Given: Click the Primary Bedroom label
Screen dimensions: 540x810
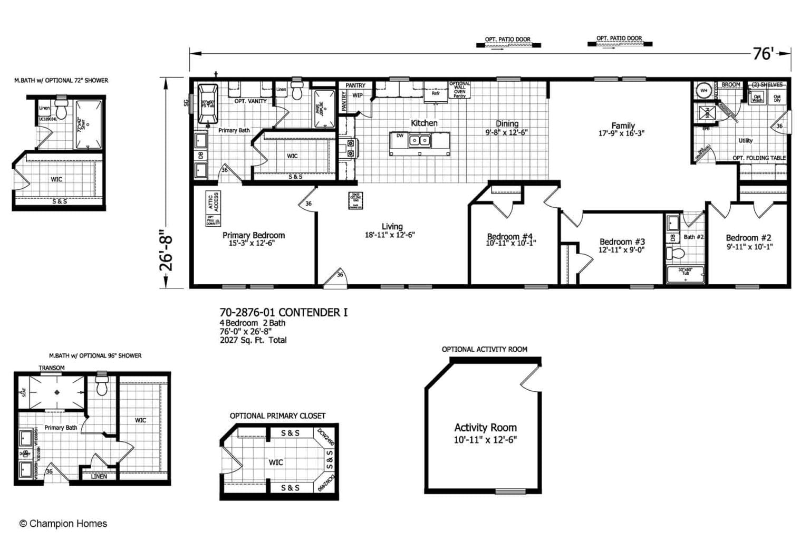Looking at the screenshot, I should [x=254, y=235].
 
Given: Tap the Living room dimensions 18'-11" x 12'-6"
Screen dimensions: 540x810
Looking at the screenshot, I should [x=390, y=235].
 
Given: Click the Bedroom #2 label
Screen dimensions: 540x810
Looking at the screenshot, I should [x=748, y=238].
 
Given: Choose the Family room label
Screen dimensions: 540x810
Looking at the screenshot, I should [x=623, y=126].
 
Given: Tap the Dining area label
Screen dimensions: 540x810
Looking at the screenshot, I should [x=507, y=124].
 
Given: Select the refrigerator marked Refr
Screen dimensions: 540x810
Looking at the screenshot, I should [x=436, y=93].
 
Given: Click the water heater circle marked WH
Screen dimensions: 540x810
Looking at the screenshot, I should [x=703, y=90].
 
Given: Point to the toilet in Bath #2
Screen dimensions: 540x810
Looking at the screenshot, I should [x=674, y=254].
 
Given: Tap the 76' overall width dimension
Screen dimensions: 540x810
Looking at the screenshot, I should [x=763, y=53].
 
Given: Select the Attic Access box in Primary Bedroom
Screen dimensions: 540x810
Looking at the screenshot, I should [x=213, y=202].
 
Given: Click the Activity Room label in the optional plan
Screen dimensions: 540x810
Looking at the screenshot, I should [x=485, y=428].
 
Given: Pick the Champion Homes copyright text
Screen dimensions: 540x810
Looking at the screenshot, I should [x=63, y=524].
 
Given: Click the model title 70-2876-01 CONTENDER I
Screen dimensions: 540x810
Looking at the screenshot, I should [x=283, y=313].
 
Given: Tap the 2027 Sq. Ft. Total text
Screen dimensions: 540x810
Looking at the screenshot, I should [x=253, y=340].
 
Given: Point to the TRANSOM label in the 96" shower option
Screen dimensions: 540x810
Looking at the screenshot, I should [x=52, y=368].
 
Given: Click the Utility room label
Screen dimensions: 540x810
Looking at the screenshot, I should [x=746, y=141].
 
